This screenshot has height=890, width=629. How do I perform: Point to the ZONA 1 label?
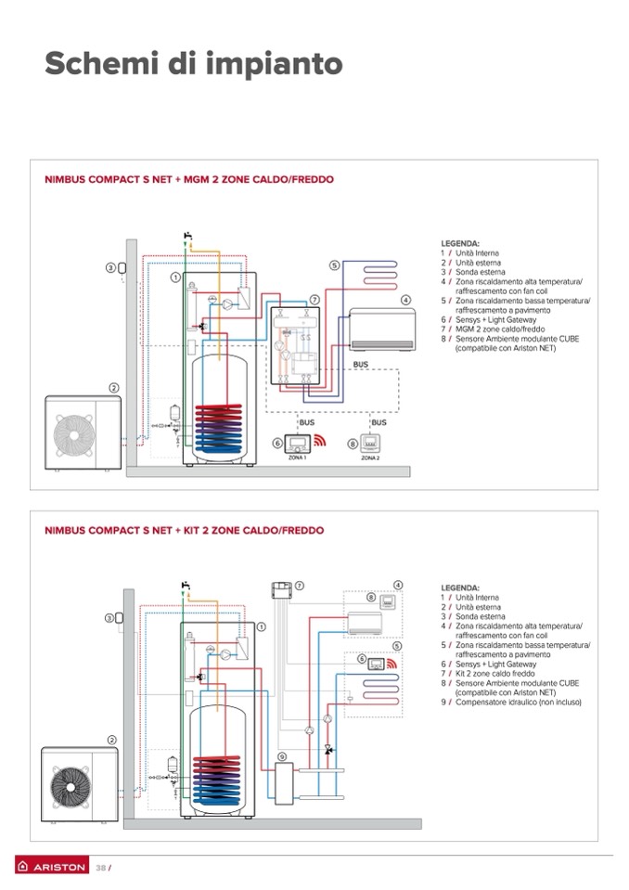(297, 458)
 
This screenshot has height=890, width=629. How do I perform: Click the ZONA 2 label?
(370, 458)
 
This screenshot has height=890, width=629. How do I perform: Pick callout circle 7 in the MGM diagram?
(314, 300)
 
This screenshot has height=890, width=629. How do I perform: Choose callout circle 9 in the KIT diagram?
(281, 757)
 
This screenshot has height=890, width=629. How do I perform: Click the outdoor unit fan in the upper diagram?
(72, 432)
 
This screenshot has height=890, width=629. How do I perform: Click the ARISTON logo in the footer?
(52, 867)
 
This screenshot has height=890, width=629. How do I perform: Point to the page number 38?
(101, 868)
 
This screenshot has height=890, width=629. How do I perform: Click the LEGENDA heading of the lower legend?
(460, 588)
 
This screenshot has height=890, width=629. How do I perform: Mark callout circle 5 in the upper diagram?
(334, 265)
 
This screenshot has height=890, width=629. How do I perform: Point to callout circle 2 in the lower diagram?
(111, 740)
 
